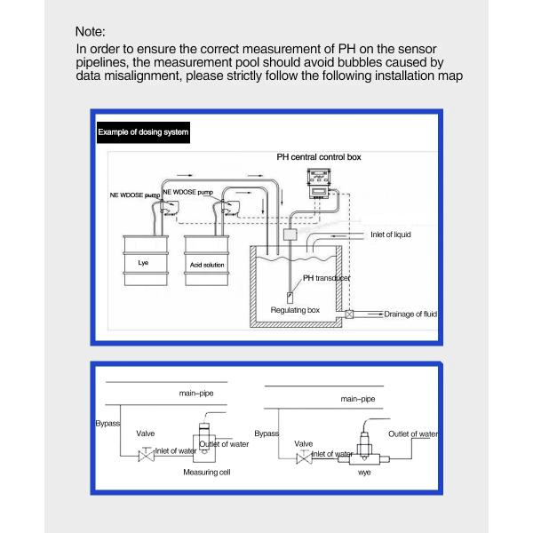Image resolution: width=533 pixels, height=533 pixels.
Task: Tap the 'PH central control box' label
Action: (318, 156)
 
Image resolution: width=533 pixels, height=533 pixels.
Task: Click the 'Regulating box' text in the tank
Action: (294, 310)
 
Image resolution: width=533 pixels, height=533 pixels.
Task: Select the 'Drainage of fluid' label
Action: (410, 314)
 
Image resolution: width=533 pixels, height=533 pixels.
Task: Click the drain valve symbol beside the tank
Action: (350, 314)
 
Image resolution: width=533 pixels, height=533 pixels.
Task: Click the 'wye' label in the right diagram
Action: (363, 473)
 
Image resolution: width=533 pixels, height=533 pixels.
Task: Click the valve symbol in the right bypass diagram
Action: (303, 457)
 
